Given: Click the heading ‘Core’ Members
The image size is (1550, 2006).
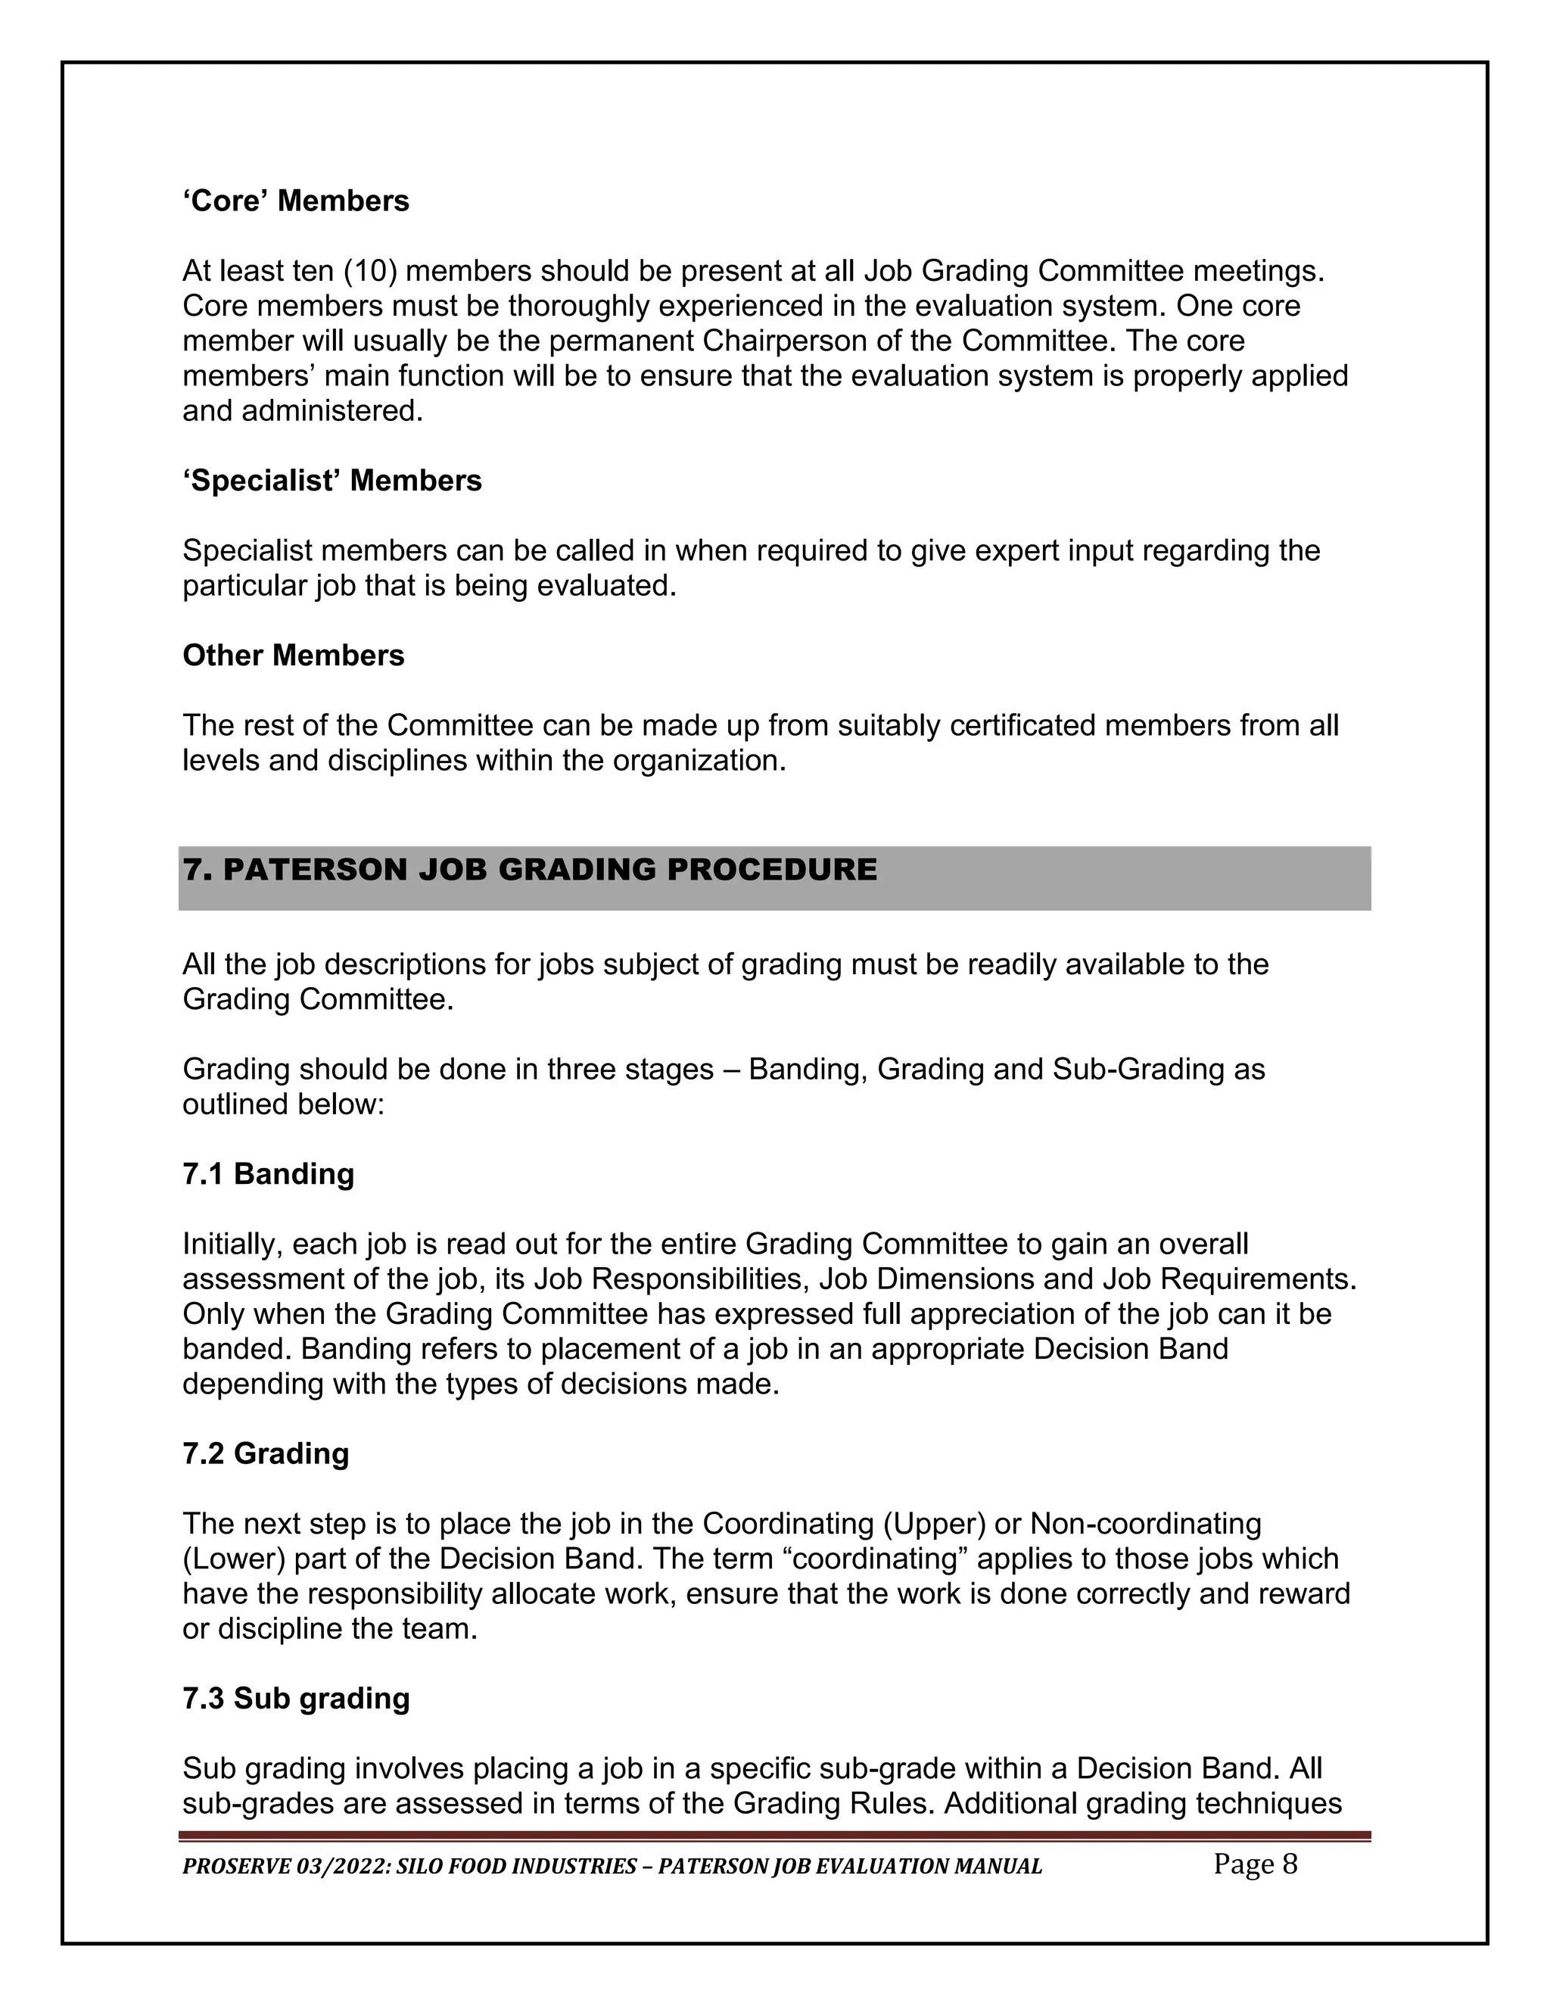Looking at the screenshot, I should click(x=296, y=201).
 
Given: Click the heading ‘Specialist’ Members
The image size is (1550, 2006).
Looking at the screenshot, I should click(x=331, y=481).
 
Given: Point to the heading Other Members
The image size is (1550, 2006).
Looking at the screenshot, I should click(x=293, y=655).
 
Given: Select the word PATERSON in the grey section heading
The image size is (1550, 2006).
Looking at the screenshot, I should click(x=317, y=869).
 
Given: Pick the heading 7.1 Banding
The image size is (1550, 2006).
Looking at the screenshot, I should click(x=268, y=1174).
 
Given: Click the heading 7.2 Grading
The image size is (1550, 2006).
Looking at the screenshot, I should click(x=266, y=1453).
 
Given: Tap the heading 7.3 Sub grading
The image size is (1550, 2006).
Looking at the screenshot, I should click(x=296, y=1699).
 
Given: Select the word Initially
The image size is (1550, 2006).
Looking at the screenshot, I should click(x=233, y=1244).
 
